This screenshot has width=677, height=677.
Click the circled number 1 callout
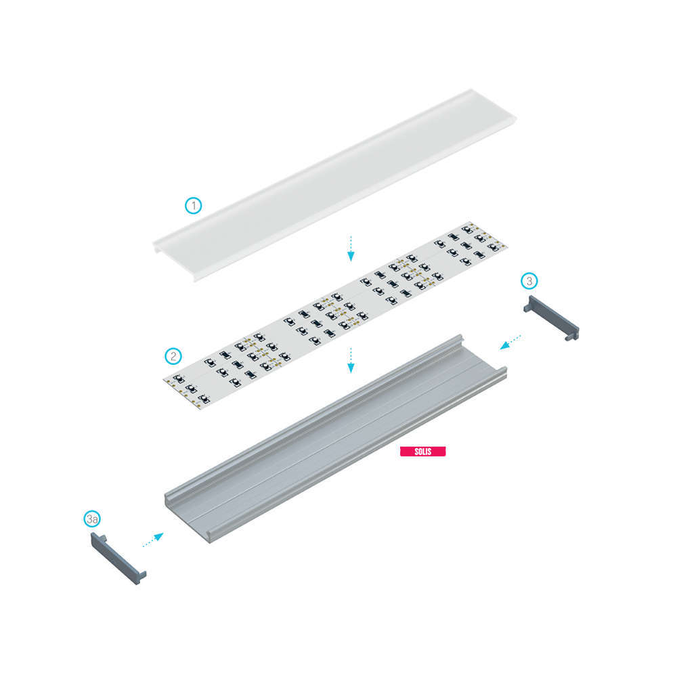pyautogui.click(x=194, y=206)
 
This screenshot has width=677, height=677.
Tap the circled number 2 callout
pyautogui.click(x=173, y=356)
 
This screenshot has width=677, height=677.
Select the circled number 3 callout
pyautogui.click(x=529, y=281)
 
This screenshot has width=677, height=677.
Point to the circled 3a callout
pyautogui.click(x=92, y=519)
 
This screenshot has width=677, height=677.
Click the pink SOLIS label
pyautogui.click(x=422, y=451)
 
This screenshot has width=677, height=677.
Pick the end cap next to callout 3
pyautogui.click(x=551, y=318)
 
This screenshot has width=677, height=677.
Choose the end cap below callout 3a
pyautogui.click(x=118, y=559)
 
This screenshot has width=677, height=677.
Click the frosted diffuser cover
pyautogui.click(x=334, y=185)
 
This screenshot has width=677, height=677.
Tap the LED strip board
pyautogui.click(x=335, y=315)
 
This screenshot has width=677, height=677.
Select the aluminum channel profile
pyautogui.click(x=336, y=438)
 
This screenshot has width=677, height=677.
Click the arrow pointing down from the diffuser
pyautogui.click(x=351, y=248)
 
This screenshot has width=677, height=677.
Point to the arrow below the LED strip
pyautogui.click(x=351, y=360)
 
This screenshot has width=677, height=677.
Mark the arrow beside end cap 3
pyautogui.click(x=510, y=342)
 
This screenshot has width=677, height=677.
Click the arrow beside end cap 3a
pyautogui.click(x=153, y=540)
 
